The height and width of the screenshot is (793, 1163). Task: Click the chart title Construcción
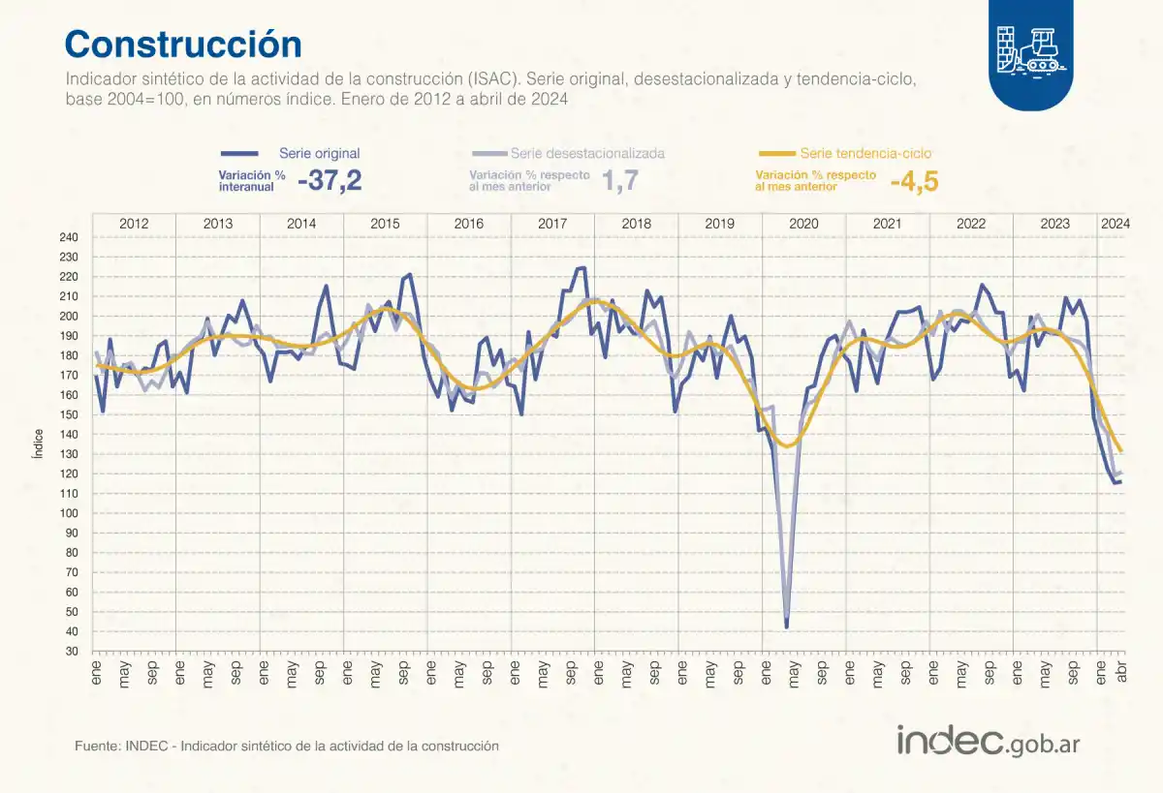tap(183, 45)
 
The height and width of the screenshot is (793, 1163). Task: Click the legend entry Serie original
tap(319, 153)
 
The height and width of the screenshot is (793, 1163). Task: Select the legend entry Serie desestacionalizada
tap(587, 153)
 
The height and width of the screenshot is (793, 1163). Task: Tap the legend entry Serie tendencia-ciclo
tap(865, 153)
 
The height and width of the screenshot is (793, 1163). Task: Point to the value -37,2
tap(330, 180)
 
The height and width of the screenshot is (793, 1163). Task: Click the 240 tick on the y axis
tap(69, 237)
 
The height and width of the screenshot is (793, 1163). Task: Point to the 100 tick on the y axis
tap(69, 513)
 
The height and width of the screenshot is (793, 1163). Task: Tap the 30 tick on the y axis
tap(72, 652)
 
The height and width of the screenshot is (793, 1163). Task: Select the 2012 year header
tap(134, 224)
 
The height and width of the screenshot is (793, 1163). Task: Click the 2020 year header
tap(803, 224)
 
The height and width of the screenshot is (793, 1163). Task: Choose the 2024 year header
tap(1115, 224)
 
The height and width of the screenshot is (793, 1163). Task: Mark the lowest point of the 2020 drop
tap(786, 627)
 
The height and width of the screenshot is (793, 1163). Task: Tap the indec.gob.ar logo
tap(988, 742)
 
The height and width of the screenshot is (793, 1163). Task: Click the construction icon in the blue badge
tap(1030, 46)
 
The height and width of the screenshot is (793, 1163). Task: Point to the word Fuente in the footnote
tap(95, 747)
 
